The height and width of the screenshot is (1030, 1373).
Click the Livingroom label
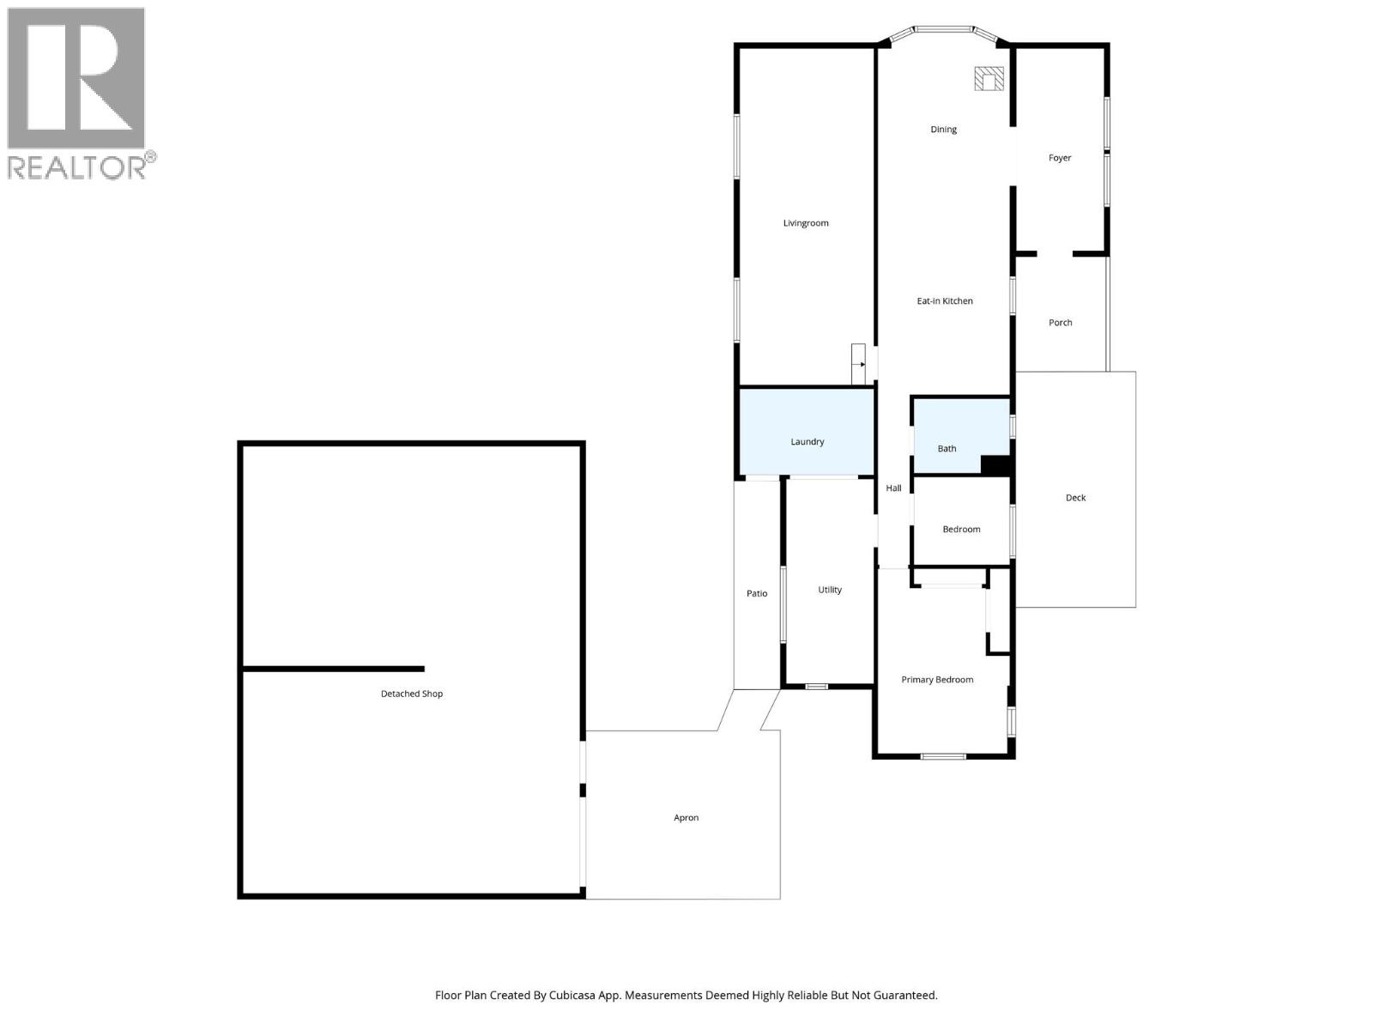click(806, 223)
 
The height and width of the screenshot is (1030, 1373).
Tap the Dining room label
click(943, 130)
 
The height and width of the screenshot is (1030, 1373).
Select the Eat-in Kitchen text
click(945, 301)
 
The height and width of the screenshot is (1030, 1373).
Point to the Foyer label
click(1060, 158)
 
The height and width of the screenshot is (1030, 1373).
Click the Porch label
click(1060, 323)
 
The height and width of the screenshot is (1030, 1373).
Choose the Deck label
click(1075, 498)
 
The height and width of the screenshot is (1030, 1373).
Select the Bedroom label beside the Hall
click(961, 530)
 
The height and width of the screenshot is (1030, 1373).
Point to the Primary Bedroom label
click(937, 680)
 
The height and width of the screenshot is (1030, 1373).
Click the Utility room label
click(830, 590)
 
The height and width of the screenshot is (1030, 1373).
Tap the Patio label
click(757, 594)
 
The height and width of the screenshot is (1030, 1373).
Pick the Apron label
click(686, 818)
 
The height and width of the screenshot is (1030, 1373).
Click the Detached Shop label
click(412, 694)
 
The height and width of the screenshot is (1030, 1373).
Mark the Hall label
click(893, 488)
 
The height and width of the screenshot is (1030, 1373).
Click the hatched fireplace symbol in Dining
click(989, 79)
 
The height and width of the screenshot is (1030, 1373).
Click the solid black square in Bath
click(995, 464)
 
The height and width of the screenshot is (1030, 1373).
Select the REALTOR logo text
click(82, 167)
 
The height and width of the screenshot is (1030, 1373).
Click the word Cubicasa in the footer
click(593, 996)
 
